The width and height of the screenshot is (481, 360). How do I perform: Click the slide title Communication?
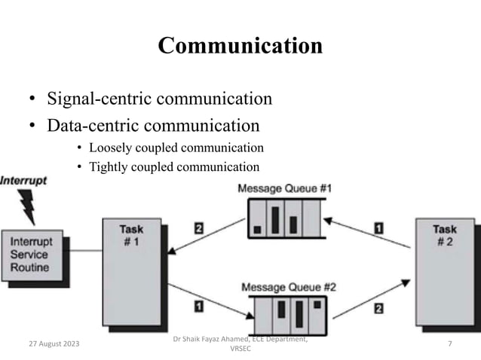click(x=240, y=46)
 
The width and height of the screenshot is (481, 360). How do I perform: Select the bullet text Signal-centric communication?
click(x=159, y=99)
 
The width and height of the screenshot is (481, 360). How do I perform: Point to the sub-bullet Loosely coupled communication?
click(x=176, y=148)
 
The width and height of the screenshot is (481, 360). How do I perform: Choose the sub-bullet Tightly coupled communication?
click(x=173, y=167)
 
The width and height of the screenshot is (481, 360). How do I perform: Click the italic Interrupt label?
click(x=23, y=182)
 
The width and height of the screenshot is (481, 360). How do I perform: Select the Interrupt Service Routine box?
click(x=30, y=255)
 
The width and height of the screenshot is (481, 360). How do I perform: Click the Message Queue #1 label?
click(x=284, y=188)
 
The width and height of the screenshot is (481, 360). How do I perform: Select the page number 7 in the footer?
click(x=449, y=344)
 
